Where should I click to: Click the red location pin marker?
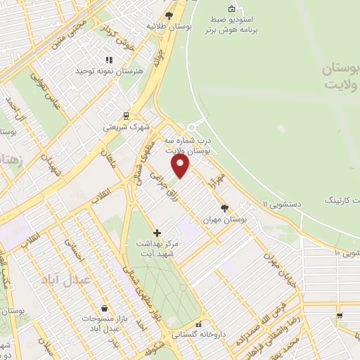[181, 166]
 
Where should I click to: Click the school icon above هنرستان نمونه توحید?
[108, 60]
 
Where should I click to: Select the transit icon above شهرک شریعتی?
[126, 116]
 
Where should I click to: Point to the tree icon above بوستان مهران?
[224, 208]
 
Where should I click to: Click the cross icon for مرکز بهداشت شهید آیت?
[156, 233]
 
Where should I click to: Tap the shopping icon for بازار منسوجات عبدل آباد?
[104, 308]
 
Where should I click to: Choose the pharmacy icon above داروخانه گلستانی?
[200, 324]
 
